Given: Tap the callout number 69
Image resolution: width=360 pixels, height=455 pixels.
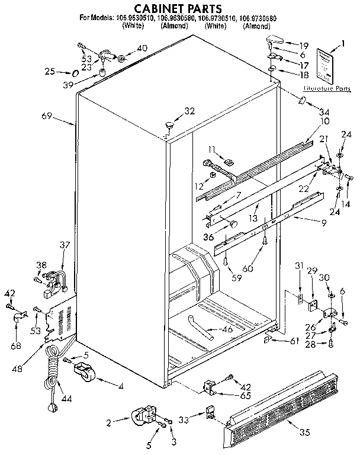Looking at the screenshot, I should pos(48,116).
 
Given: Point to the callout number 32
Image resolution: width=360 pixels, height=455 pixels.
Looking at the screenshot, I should pos(189,111).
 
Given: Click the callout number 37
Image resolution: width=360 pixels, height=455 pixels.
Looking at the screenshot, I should pos(64,245).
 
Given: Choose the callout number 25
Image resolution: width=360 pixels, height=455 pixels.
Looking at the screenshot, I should pos(49,72).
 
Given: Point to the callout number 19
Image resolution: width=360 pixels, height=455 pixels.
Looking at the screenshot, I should pos(304,45).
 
